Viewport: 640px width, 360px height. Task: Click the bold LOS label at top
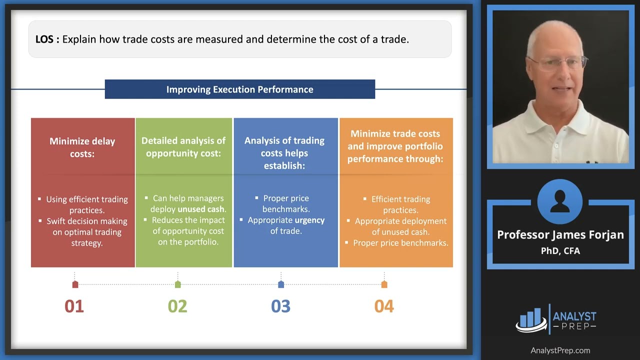pyautogui.click(x=47, y=39)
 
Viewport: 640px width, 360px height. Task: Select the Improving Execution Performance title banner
pyautogui.click(x=239, y=89)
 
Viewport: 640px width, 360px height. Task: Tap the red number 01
pyautogui.click(x=74, y=306)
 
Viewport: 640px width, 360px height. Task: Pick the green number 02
pyautogui.click(x=177, y=306)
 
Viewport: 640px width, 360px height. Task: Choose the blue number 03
pyautogui.click(x=280, y=306)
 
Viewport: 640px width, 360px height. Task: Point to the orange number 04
pyautogui.click(x=384, y=306)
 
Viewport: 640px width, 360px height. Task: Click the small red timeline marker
pyautogui.click(x=75, y=284)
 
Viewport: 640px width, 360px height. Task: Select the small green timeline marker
pyautogui.click(x=178, y=284)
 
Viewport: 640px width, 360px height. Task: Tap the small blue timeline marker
pyautogui.click(x=281, y=284)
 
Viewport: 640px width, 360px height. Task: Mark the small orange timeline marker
pyautogui.click(x=384, y=284)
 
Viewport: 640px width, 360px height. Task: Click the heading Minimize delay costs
pyautogui.click(x=82, y=147)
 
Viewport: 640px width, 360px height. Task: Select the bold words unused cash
pyautogui.click(x=201, y=209)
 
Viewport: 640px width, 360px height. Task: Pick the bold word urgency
pyautogui.click(x=309, y=220)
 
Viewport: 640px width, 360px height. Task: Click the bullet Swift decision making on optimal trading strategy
pyautogui.click(x=86, y=232)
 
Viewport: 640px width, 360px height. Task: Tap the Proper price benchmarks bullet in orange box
pyautogui.click(x=400, y=243)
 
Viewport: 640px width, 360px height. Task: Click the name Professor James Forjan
pyautogui.click(x=560, y=235)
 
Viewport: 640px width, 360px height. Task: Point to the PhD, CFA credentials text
pyautogui.click(x=560, y=251)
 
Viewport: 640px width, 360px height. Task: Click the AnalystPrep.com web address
pyautogui.click(x=560, y=350)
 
